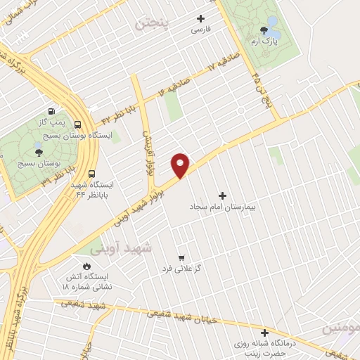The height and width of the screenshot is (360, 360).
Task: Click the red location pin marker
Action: point(181,165)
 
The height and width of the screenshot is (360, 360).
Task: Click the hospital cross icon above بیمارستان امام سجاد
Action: point(224,195)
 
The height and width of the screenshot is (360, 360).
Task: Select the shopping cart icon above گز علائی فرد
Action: point(182,257)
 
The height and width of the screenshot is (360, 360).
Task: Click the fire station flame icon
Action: point(86,267)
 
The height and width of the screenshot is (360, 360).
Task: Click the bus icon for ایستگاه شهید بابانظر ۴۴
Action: point(92,174)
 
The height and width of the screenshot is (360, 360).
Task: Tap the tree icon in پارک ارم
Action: point(264,30)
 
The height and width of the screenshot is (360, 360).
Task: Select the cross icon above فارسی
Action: point(201,19)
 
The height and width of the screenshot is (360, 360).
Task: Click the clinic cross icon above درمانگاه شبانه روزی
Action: point(265,333)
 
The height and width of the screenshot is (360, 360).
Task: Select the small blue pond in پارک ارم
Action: point(274,32)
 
